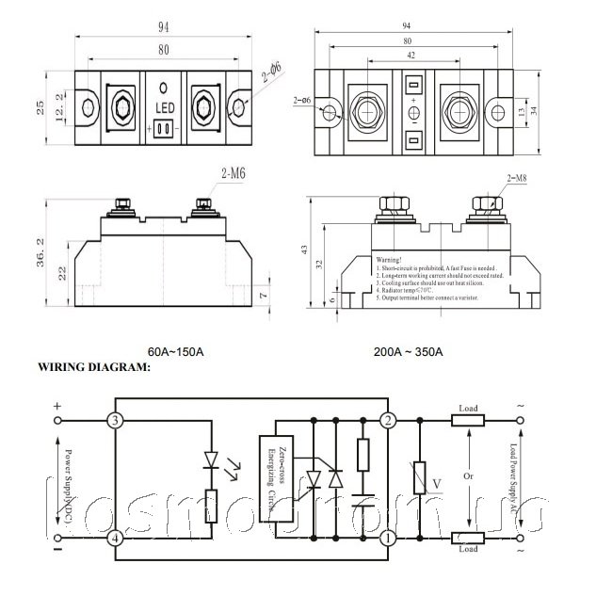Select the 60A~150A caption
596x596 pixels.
click(176, 352)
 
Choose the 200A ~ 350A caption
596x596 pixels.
click(410, 352)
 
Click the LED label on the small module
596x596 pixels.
click(163, 109)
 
